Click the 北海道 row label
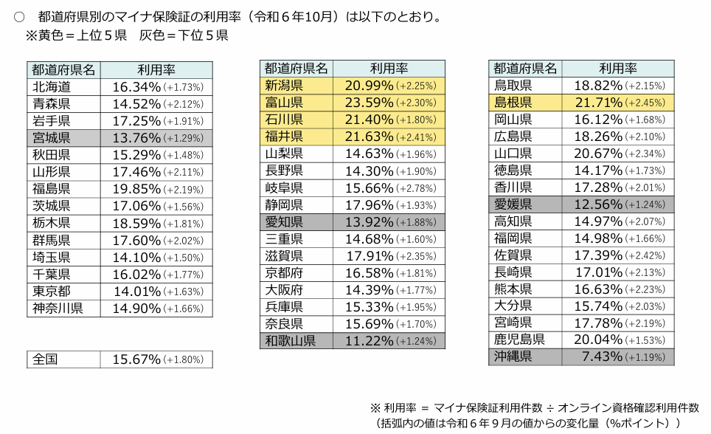coord(52,87)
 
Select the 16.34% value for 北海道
coord(136,87)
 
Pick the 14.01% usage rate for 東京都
coord(136,291)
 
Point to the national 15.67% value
coord(136,359)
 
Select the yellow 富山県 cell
coord(284,103)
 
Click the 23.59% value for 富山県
coord(369,103)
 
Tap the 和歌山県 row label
coord(291,341)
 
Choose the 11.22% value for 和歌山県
coord(369,341)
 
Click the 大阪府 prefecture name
coord(284,290)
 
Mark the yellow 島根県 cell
coord(513,103)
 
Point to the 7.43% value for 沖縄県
coord(602,357)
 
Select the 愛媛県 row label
coord(513,204)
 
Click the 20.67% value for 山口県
coord(598,154)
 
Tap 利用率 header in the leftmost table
coord(156,70)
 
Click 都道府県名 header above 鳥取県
coord(524,69)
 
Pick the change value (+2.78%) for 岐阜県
coord(418,188)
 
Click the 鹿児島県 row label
coord(520,340)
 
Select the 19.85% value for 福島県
coord(136,189)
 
